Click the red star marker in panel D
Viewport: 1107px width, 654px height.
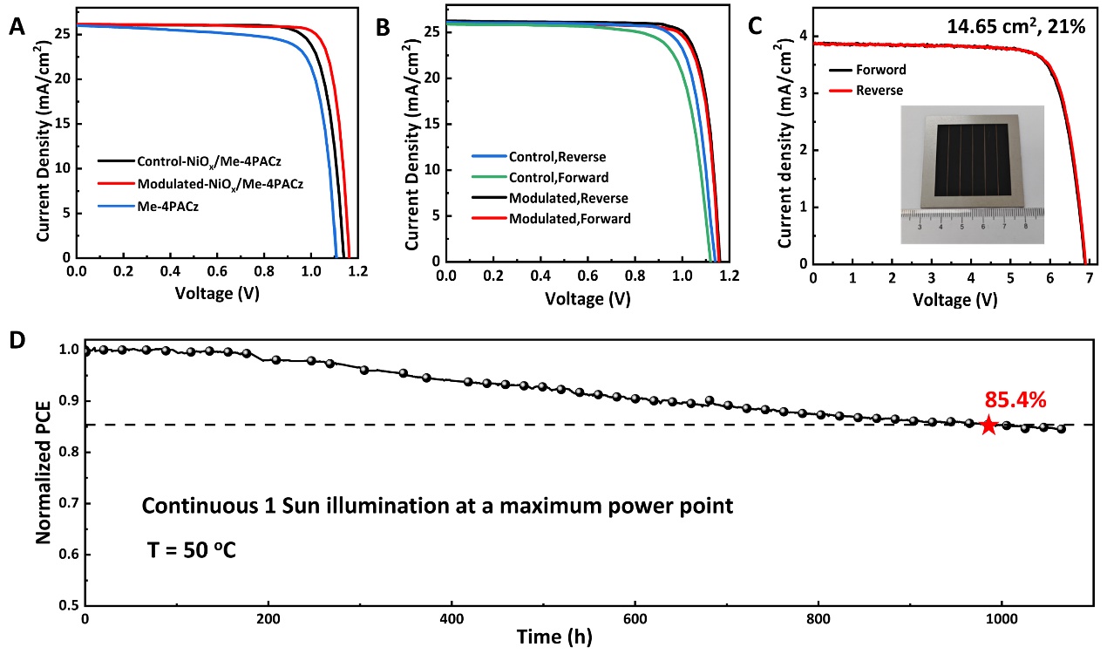[x=988, y=425]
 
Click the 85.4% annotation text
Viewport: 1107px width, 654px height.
[x=1015, y=400]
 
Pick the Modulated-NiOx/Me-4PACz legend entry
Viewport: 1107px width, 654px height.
[x=220, y=185]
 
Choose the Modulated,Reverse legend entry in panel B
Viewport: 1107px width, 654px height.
[x=568, y=198]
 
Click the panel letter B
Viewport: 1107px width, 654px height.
[x=382, y=28]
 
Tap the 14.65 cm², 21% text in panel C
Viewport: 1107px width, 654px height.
[x=1015, y=27]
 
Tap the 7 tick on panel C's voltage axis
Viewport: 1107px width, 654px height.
[x=1089, y=278]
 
